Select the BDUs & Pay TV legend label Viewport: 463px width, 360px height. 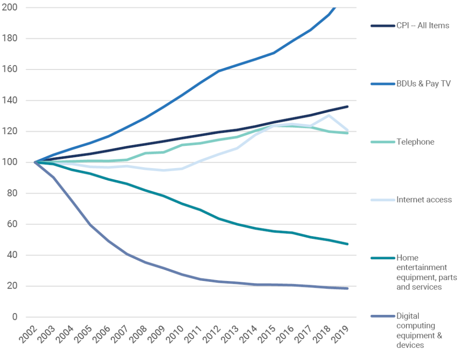point(423,84)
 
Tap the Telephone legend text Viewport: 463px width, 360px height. point(415,142)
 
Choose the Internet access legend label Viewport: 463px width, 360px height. point(424,200)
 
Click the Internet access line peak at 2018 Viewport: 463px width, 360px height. point(329,115)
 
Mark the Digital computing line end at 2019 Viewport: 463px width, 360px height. point(347,288)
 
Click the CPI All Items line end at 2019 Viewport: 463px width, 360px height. point(347,107)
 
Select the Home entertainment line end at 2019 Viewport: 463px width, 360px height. point(347,244)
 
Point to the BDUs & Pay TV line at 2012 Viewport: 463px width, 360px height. point(219,71)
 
